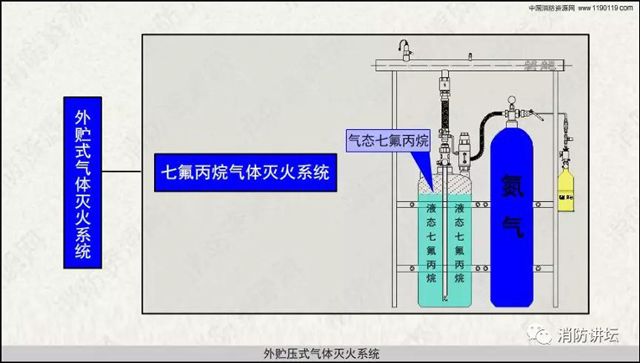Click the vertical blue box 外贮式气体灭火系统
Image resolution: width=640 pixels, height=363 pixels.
point(83,184)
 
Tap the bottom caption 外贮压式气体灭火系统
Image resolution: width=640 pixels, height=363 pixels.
point(320,353)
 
